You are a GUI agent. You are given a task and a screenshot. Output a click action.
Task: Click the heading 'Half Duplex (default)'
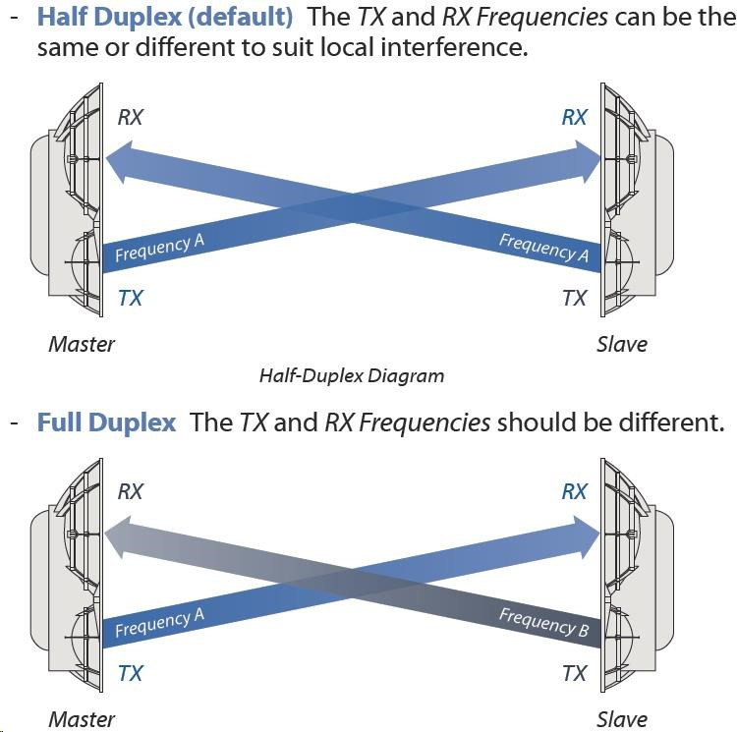pyautogui.click(x=164, y=17)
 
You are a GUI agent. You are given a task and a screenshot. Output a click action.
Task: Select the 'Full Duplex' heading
pyautogui.click(x=106, y=422)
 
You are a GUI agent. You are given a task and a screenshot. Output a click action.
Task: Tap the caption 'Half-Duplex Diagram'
pyautogui.click(x=351, y=375)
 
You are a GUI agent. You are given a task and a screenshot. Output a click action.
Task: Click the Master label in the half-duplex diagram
pyautogui.click(x=82, y=344)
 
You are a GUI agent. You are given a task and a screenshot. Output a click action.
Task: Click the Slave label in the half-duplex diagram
pyautogui.click(x=621, y=344)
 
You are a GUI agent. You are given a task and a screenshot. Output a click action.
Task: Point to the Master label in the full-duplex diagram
pyautogui.click(x=82, y=718)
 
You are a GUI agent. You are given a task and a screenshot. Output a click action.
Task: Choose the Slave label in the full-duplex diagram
pyautogui.click(x=621, y=718)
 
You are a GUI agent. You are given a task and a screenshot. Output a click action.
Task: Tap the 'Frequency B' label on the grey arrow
pyautogui.click(x=543, y=622)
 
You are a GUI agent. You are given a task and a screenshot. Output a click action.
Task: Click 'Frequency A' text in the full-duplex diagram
pyautogui.click(x=159, y=622)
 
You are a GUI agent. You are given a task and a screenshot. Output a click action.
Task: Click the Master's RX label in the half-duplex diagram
pyautogui.click(x=130, y=117)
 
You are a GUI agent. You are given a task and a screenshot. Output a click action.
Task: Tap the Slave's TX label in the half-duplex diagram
pyautogui.click(x=574, y=298)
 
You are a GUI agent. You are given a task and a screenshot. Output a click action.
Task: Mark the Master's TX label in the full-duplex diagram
pyautogui.click(x=130, y=673)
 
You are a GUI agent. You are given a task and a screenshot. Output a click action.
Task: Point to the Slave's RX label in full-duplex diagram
pyautogui.click(x=574, y=491)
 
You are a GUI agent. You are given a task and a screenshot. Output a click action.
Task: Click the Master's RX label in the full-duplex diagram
pyautogui.click(x=130, y=491)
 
